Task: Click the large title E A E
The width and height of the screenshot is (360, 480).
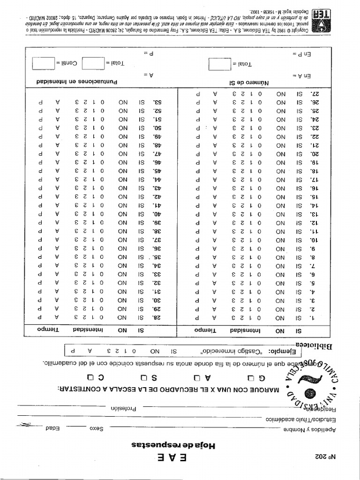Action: click(x=180, y=458)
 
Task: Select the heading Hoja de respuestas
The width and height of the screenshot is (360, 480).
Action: click(x=180, y=445)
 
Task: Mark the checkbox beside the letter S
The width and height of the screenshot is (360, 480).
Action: click(x=144, y=378)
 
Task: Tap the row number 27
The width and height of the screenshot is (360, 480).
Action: click(x=315, y=93)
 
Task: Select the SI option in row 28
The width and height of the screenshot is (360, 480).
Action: click(x=141, y=317)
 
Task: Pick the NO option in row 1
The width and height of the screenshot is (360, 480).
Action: click(x=280, y=317)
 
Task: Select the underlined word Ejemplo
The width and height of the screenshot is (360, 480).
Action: click(x=285, y=351)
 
